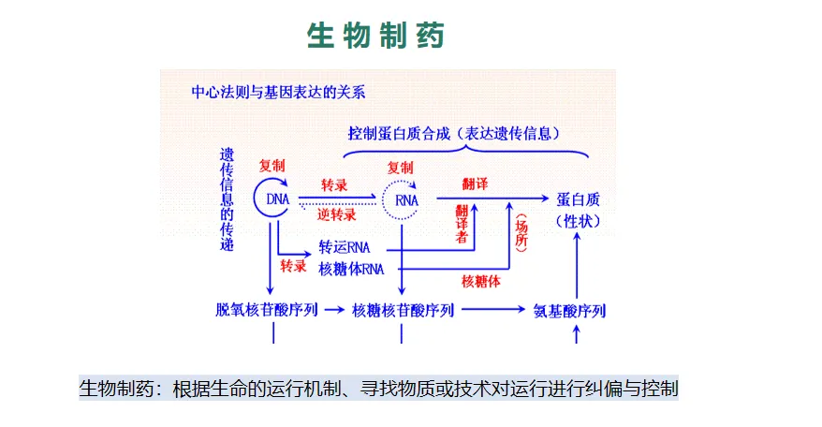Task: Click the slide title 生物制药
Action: (x=375, y=36)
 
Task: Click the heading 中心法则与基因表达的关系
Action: (x=278, y=92)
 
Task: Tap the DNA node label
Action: (x=278, y=199)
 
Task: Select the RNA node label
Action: (x=406, y=200)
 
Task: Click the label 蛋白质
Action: (x=578, y=199)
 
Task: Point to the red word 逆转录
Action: (x=337, y=214)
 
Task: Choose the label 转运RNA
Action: (x=345, y=247)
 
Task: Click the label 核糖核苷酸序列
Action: (x=403, y=310)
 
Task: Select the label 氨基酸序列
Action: (x=569, y=311)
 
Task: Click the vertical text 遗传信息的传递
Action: (x=228, y=199)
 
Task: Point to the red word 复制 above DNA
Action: (x=272, y=165)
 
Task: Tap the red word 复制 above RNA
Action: (x=401, y=166)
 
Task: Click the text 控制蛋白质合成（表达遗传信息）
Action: (x=454, y=134)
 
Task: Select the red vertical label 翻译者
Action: (x=462, y=225)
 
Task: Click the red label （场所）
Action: (x=522, y=234)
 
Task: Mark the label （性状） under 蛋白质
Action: (x=578, y=221)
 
